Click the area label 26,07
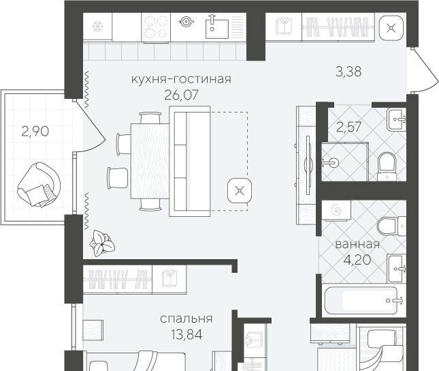pyautogui.click(x=181, y=95)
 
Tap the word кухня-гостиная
pyautogui.click(x=181, y=79)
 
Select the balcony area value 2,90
pyautogui.click(x=35, y=132)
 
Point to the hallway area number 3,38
pyautogui.click(x=348, y=72)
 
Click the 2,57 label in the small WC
pyautogui.click(x=348, y=127)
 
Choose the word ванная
pyautogui.click(x=357, y=244)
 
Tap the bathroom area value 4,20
pyautogui.click(x=357, y=260)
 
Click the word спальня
pyautogui.click(x=186, y=318)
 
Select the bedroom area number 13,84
pyautogui.click(x=186, y=335)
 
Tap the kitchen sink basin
pyautogui.click(x=217, y=29)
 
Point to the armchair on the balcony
pyautogui.click(x=39, y=185)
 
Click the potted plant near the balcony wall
pyautogui.click(x=102, y=243)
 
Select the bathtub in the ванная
pyautogui.click(x=361, y=300)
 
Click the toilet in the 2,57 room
pyautogui.click(x=387, y=166)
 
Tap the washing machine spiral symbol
pyautogui.click(x=336, y=210)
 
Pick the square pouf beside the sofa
pyautogui.click(x=240, y=191)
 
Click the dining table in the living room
pyautogui.click(x=150, y=161)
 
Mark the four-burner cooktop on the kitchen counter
pyautogui.click(x=156, y=27)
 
